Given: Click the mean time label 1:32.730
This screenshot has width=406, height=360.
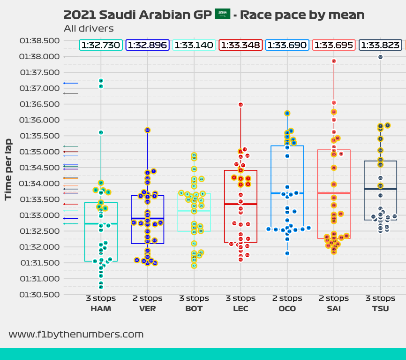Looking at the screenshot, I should click(x=101, y=45).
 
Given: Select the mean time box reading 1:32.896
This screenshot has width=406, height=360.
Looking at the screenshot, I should click(x=148, y=45).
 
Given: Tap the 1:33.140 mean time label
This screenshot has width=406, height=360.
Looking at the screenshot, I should click(x=194, y=45).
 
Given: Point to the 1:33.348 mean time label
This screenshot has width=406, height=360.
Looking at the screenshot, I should click(x=241, y=45).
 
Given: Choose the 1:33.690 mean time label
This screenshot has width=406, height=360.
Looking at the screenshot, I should click(x=287, y=45).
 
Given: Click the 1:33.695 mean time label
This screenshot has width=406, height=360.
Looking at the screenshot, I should click(x=334, y=45).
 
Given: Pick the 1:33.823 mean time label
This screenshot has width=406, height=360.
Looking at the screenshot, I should click(x=380, y=45).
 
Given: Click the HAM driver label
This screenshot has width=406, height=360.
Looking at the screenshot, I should click(x=101, y=309).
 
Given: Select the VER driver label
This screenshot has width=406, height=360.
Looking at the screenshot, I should click(x=148, y=309).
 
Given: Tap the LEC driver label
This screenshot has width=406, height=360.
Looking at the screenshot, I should click(x=241, y=309).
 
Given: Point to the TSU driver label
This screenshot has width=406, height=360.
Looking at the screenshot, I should click(x=380, y=309).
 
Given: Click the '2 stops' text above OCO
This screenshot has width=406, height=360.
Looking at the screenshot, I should click(x=287, y=299).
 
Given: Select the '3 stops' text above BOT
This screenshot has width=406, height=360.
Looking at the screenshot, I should click(x=194, y=299).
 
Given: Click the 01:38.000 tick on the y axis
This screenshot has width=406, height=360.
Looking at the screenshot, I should click(x=39, y=57).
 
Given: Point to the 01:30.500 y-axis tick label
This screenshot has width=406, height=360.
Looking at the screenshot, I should click(x=39, y=295).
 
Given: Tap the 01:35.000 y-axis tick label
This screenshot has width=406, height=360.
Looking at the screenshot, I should click(x=39, y=152).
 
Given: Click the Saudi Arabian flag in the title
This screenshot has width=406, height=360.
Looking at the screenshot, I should click(x=222, y=14).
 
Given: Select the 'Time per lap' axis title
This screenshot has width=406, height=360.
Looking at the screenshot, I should click(x=8, y=169).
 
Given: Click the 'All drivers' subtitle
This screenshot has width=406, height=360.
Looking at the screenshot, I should click(x=89, y=29).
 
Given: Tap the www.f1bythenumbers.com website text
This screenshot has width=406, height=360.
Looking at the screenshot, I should click(x=76, y=335).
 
